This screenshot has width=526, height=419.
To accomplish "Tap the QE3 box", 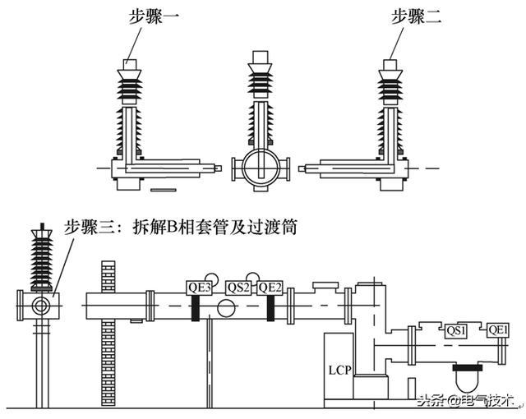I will click(200, 287).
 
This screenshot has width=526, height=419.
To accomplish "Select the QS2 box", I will click(238, 287).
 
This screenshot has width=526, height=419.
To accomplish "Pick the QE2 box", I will click(270, 287).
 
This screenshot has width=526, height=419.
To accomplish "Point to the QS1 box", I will click(457, 331).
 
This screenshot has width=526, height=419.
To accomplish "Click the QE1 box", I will click(498, 331).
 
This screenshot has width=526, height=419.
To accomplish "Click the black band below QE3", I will click(196, 308).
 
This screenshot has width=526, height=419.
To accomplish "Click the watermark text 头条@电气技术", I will click(464, 402).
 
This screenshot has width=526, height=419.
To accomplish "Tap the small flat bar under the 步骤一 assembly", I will click(164, 191).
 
